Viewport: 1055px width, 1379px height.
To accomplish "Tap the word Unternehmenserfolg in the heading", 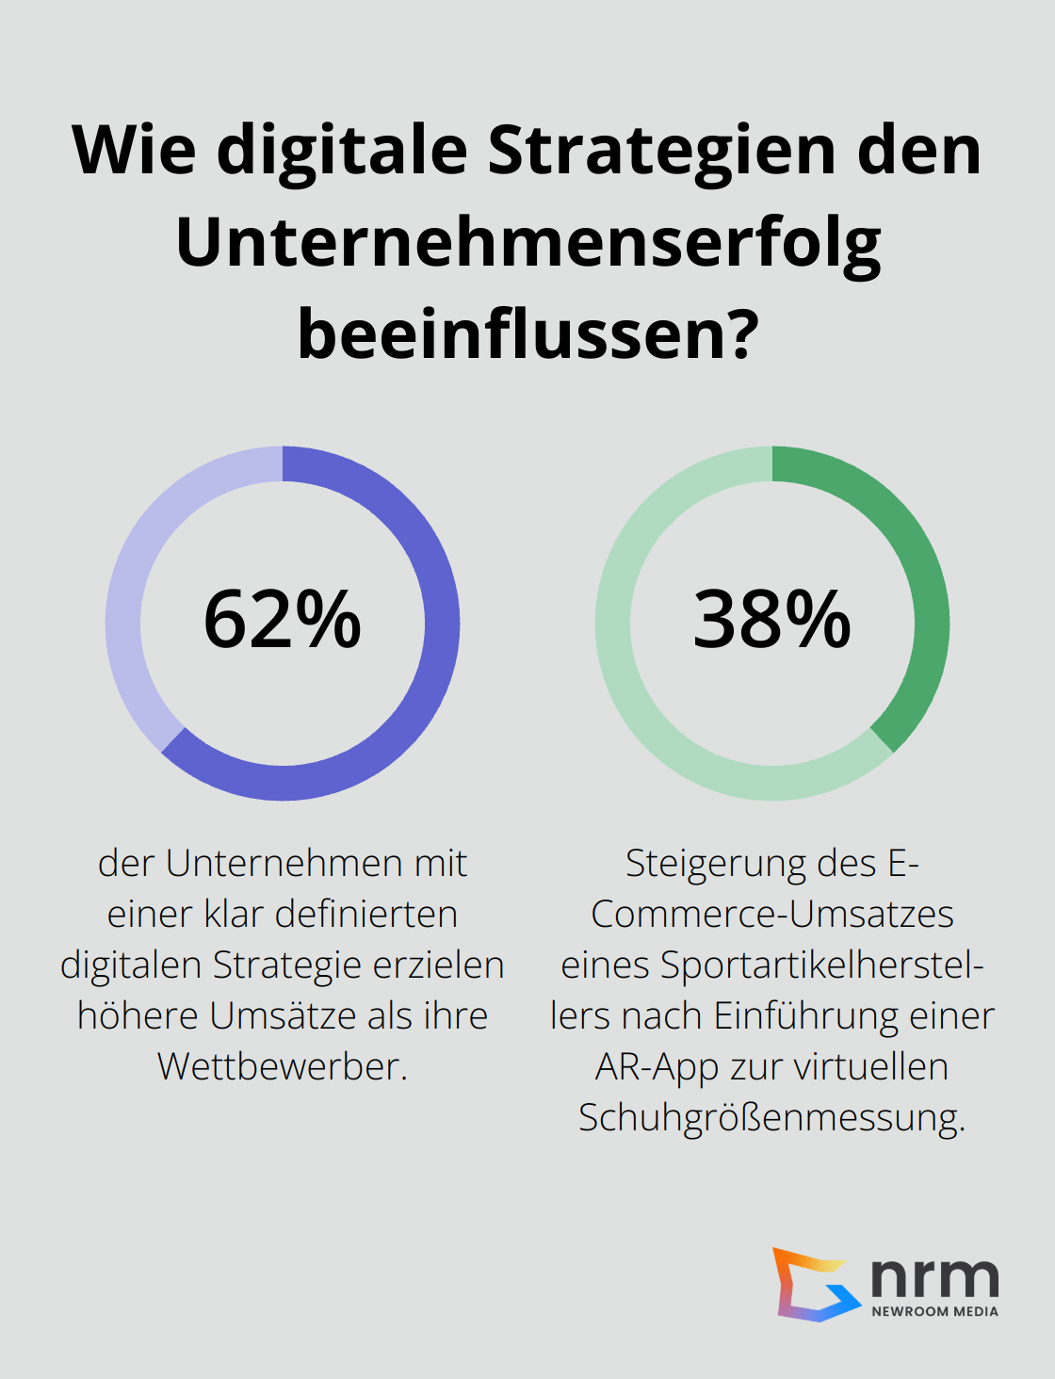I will coord(527,243).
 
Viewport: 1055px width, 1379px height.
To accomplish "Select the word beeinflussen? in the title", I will coord(527,334).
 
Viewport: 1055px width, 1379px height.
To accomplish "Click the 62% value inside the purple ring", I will coord(283,620).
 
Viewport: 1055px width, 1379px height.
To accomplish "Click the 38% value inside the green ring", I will coord(772,620).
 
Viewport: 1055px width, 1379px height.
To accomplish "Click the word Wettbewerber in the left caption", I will coord(280,1066).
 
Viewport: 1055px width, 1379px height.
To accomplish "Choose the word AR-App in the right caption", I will coord(657,1067).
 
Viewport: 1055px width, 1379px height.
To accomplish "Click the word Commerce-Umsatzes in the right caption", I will coord(772,914).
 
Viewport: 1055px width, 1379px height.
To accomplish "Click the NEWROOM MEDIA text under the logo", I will coord(934,1311).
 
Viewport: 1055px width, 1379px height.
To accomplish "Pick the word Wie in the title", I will coord(134,151).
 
